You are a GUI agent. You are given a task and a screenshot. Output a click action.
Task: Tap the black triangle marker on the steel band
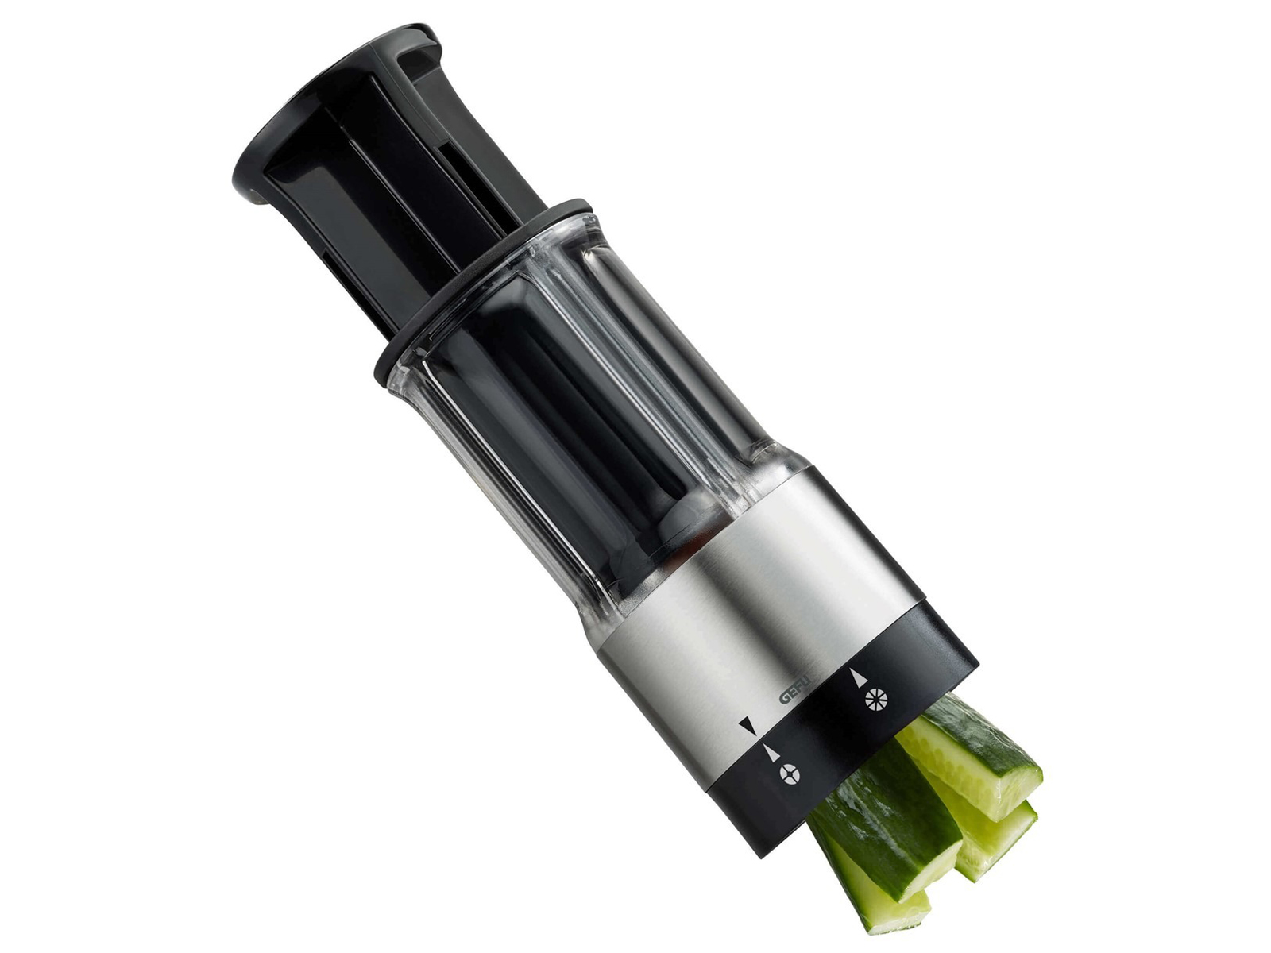click(x=747, y=726)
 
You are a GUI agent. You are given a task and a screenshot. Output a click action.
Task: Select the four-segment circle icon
click(x=790, y=774)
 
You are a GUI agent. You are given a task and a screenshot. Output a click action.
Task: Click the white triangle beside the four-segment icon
click(x=771, y=750)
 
